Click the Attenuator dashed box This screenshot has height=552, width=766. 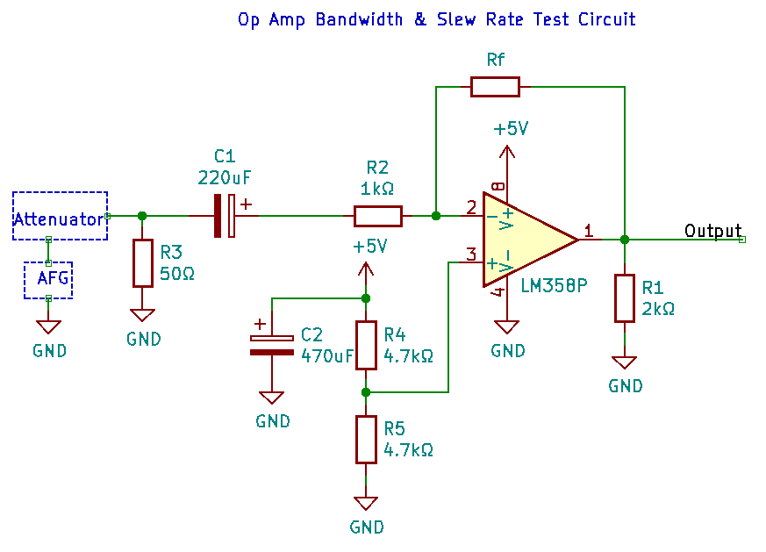click(60, 216)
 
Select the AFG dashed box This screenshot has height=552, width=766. click(48, 280)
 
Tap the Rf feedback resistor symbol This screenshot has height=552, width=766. click(495, 86)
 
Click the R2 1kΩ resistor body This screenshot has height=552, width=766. click(378, 216)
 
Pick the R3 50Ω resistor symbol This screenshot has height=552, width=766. click(143, 263)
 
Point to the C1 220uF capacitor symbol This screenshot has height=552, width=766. click(225, 216)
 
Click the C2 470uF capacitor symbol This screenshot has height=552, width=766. click(272, 345)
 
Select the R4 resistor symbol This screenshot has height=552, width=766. click(366, 345)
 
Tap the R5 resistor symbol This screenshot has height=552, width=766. click(366, 440)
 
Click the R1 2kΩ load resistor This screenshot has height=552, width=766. click(624, 298)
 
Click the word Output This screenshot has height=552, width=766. click(712, 231)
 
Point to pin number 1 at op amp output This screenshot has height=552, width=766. click(588, 231)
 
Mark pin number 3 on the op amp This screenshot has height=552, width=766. click(471, 254)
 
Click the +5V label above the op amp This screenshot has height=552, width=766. click(510, 129)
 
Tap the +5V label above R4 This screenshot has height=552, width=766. click(369, 247)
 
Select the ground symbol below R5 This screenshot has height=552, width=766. click(366, 504)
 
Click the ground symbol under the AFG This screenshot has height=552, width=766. click(48, 326)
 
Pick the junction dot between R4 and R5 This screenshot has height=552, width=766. click(366, 392)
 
